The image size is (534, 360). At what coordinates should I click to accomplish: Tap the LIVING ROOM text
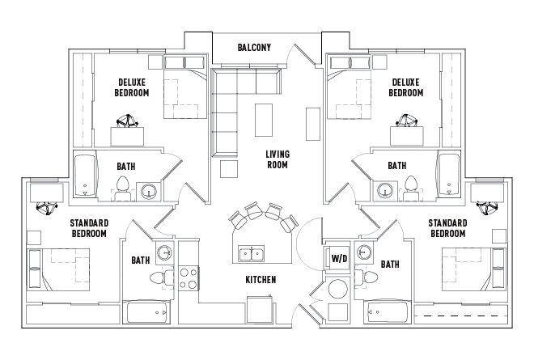click(278, 159)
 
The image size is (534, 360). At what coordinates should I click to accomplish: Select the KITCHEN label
click(261, 280)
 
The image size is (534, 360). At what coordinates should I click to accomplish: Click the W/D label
click(339, 258)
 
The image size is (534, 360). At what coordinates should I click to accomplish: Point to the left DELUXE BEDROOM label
click(133, 87)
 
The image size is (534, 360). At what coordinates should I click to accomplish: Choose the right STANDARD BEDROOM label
click(448, 228)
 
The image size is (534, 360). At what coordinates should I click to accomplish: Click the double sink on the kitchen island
click(251, 255)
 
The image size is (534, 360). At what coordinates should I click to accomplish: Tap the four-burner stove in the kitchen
click(188, 278)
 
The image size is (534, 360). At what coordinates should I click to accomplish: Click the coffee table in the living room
click(264, 121)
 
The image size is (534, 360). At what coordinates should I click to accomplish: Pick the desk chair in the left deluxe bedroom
click(127, 122)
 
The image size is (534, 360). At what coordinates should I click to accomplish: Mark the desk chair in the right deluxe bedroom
click(405, 122)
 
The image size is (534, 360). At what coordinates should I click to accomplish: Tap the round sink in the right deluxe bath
click(386, 191)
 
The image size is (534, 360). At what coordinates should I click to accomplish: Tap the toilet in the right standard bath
click(371, 277)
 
